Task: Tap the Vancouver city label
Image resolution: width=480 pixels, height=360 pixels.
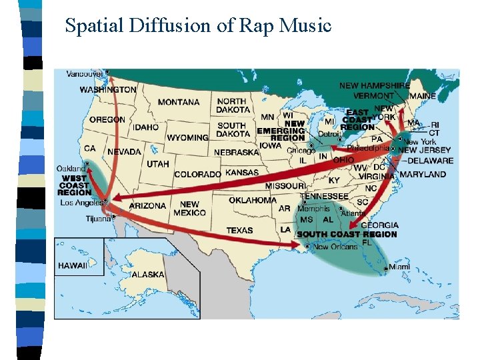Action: click(85, 74)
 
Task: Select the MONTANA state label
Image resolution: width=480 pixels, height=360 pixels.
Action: click(178, 102)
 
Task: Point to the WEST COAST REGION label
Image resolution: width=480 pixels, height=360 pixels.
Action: click(75, 185)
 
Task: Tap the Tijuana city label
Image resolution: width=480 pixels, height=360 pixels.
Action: click(98, 219)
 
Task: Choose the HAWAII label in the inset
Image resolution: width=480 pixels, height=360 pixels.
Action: click(72, 265)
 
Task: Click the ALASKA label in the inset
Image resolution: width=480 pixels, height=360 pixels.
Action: click(147, 274)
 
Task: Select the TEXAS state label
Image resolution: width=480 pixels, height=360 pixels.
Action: click(239, 231)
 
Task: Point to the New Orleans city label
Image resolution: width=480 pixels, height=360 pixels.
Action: click(331, 247)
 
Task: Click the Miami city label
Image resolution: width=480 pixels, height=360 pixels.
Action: click(399, 267)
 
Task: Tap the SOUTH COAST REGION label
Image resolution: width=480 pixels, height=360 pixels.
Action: click(347, 234)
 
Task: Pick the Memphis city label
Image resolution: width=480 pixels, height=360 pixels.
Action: click(313, 209)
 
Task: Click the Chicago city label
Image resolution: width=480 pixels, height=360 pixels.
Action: click(301, 151)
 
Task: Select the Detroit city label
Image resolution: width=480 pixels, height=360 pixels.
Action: click(329, 134)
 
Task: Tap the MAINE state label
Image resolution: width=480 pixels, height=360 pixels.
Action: click(423, 96)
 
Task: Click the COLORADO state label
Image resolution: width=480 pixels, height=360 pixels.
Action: click(197, 174)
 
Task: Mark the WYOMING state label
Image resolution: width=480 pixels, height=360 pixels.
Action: click(187, 138)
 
